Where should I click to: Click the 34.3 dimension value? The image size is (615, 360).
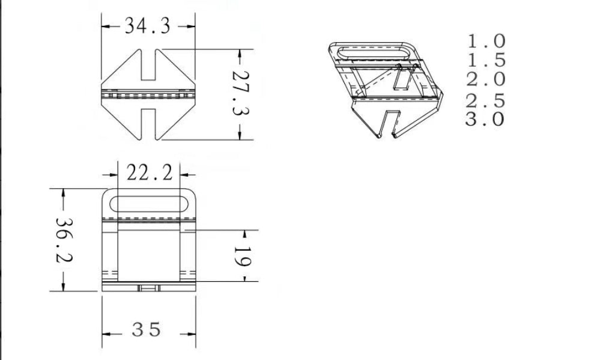(x=147, y=26)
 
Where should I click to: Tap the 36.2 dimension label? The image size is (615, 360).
(x=64, y=240)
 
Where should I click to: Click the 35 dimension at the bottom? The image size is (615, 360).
(x=147, y=330)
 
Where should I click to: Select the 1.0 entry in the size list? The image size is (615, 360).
(x=486, y=41)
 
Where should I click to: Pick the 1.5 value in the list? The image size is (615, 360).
(x=486, y=60)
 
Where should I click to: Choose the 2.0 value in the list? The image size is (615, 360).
(x=486, y=79)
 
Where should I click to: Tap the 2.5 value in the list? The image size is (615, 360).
(x=486, y=100)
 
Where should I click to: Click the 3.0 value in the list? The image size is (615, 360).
(x=485, y=118)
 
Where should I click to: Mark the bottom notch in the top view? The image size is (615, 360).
(x=150, y=123)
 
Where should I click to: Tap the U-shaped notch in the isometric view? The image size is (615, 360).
(x=391, y=123)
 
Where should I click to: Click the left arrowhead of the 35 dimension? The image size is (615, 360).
(x=106, y=333)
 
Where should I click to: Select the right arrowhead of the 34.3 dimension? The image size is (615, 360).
(x=192, y=26)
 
